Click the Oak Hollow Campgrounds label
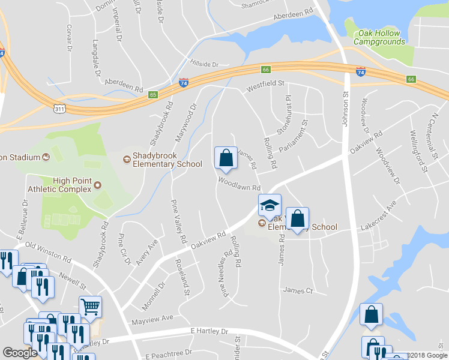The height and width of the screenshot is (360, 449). [379, 37]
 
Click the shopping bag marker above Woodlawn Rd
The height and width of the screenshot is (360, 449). [226, 158]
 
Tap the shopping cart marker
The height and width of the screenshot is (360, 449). [90, 307]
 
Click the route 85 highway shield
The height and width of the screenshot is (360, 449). [154, 95]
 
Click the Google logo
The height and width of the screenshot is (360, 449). [20, 353]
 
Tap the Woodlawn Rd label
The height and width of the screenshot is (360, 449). [239, 184]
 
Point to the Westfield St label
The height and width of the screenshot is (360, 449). [265, 85]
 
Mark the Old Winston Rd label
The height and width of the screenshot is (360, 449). [48, 253]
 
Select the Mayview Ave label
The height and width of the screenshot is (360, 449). [152, 318]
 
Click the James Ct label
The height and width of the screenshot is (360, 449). [298, 290]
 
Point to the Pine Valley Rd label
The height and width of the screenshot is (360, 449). [178, 221]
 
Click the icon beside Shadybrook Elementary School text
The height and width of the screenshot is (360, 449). [127, 160]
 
